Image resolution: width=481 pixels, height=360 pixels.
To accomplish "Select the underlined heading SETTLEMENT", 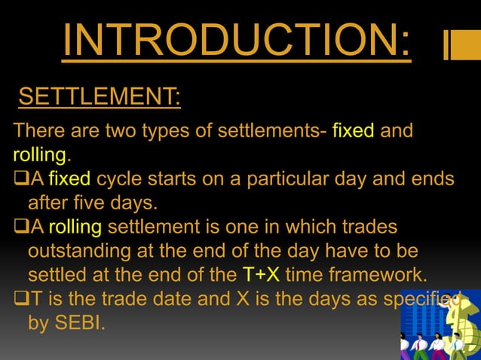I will click(x=98, y=97).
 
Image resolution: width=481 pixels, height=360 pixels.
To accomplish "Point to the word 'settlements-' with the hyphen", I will click(x=272, y=131).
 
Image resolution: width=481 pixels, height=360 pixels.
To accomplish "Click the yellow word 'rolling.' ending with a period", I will click(x=42, y=155).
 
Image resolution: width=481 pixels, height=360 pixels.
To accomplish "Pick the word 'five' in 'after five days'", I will click(x=87, y=203).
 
